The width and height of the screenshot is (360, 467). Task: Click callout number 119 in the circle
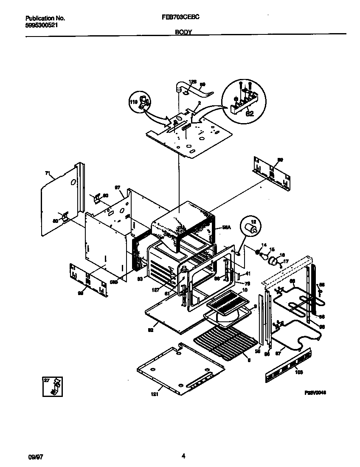(133, 102)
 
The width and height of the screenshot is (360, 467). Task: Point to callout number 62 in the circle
(250, 113)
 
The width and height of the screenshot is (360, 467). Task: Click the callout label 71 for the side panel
(47, 173)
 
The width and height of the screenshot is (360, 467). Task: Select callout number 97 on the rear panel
(118, 187)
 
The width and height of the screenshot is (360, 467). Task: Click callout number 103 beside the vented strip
(299, 372)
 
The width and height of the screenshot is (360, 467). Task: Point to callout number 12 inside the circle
(253, 222)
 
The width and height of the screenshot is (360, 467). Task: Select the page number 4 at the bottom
(183, 456)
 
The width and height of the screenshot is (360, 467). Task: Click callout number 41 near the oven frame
(248, 273)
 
